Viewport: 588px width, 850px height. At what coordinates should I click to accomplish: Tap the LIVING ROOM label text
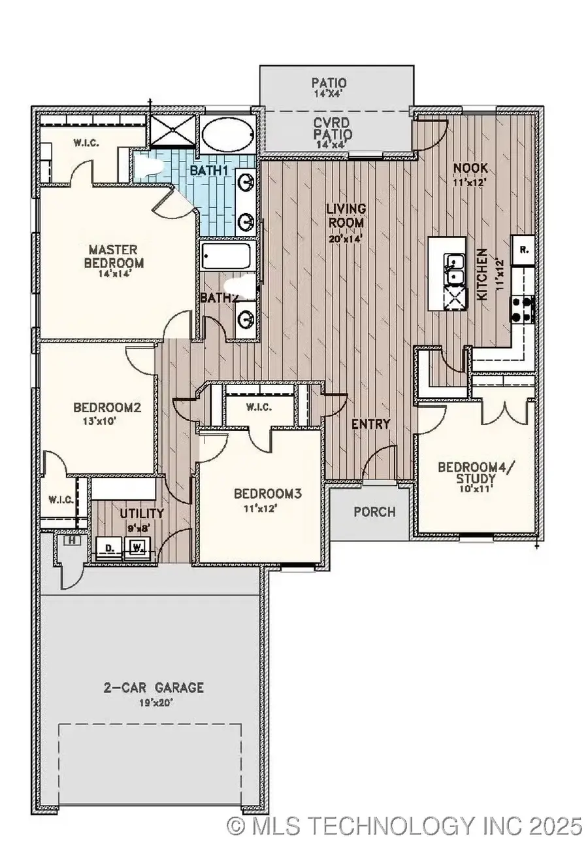click(346, 216)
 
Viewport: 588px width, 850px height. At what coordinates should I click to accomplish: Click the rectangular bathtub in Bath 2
click(226, 256)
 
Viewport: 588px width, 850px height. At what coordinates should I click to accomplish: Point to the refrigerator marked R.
click(523, 250)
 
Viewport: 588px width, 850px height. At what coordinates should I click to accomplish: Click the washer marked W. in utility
click(138, 547)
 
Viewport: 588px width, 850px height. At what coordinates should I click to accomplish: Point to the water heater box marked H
click(71, 541)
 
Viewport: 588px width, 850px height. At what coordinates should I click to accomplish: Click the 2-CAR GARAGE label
click(154, 687)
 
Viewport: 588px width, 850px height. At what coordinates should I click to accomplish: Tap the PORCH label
click(374, 511)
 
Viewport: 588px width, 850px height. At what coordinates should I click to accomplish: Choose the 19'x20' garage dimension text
click(154, 704)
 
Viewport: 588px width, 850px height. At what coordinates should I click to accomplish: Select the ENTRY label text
click(370, 424)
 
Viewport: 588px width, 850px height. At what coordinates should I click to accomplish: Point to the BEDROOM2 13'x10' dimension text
click(106, 422)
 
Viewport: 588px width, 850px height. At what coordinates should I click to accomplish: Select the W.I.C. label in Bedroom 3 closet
click(259, 407)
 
